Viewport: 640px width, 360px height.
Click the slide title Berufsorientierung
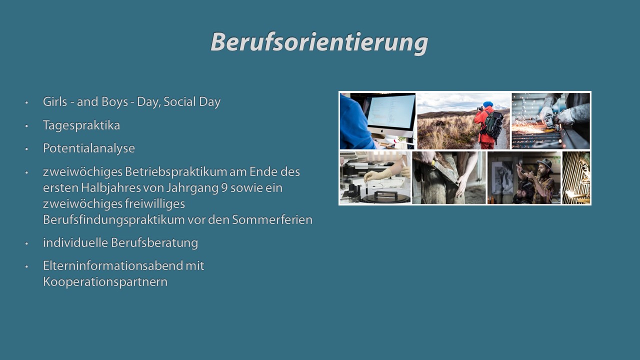pyautogui.click(x=319, y=42)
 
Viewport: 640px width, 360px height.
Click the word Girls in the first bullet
pyautogui.click(x=55, y=101)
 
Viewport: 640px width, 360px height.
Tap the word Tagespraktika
pyautogui.click(x=81, y=125)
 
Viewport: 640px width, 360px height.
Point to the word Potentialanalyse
pyautogui.click(x=89, y=148)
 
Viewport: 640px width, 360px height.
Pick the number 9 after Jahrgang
pyautogui.click(x=224, y=188)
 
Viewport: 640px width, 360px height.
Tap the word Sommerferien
pyautogui.click(x=272, y=219)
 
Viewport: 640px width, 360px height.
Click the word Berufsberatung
pyautogui.click(x=154, y=243)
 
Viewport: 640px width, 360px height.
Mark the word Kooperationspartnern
pyautogui.click(x=105, y=282)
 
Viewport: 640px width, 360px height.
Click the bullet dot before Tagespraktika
pyautogui.click(x=26, y=125)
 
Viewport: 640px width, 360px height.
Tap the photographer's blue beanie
pyautogui.click(x=488, y=104)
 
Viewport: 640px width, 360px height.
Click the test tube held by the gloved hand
pyautogui.click(x=366, y=186)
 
